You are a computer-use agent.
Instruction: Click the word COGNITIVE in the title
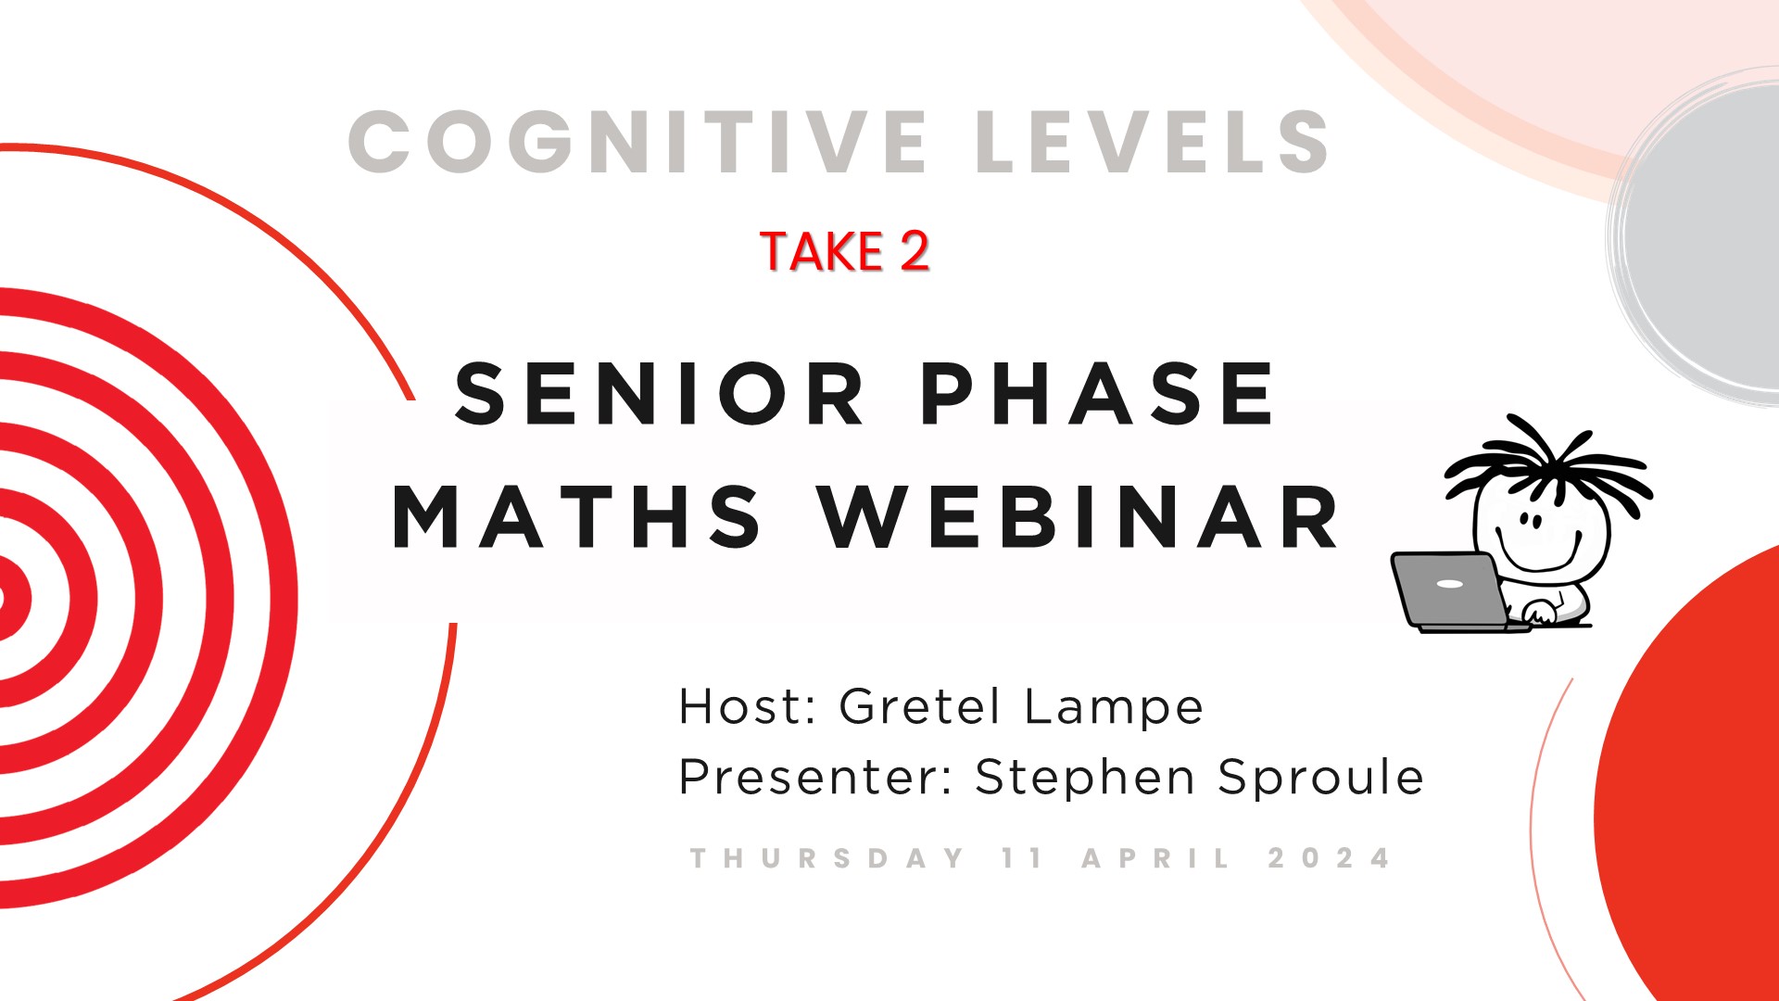(x=637, y=142)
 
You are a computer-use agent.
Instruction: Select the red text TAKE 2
(x=844, y=251)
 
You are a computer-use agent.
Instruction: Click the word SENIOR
(x=660, y=394)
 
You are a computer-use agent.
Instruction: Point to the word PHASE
(x=1099, y=394)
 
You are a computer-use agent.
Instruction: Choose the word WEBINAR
(x=1079, y=516)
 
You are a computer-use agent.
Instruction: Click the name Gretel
(x=920, y=706)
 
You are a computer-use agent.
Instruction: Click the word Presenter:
(x=816, y=777)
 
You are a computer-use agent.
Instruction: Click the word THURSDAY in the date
(x=828, y=858)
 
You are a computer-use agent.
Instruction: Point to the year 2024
(x=1330, y=858)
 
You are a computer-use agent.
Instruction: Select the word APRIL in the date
(x=1156, y=858)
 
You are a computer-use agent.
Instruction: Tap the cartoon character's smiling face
(x=1538, y=532)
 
